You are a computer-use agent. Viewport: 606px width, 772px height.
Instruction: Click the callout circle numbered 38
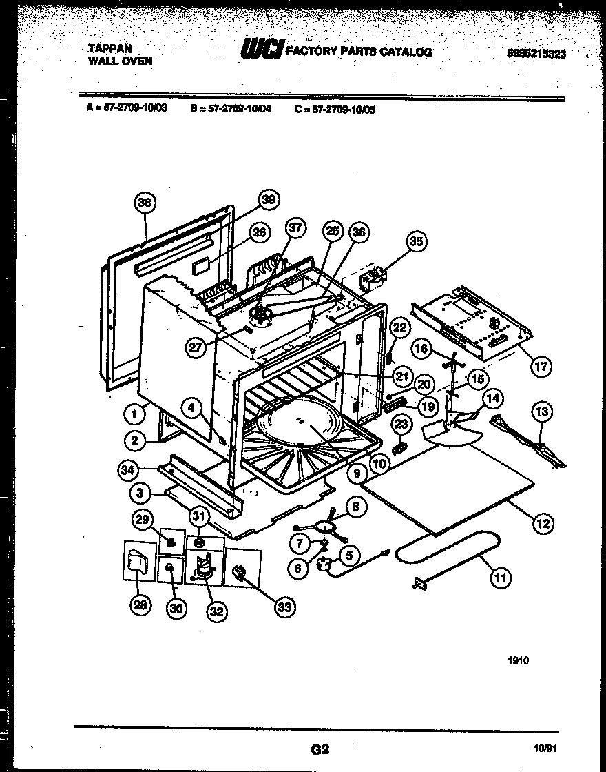(144, 203)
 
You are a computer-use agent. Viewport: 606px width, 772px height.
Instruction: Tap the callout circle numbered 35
(417, 241)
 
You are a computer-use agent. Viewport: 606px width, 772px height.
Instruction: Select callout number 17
(541, 366)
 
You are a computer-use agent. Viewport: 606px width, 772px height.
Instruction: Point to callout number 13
(542, 412)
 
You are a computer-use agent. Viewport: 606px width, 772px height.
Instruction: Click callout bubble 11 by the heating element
(501, 578)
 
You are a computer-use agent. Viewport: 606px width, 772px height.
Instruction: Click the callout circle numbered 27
(197, 349)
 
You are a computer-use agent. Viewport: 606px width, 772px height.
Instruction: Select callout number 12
(543, 524)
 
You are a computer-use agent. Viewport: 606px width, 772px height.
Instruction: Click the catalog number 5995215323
(535, 54)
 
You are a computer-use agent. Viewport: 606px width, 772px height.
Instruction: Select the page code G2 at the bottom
(316, 749)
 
